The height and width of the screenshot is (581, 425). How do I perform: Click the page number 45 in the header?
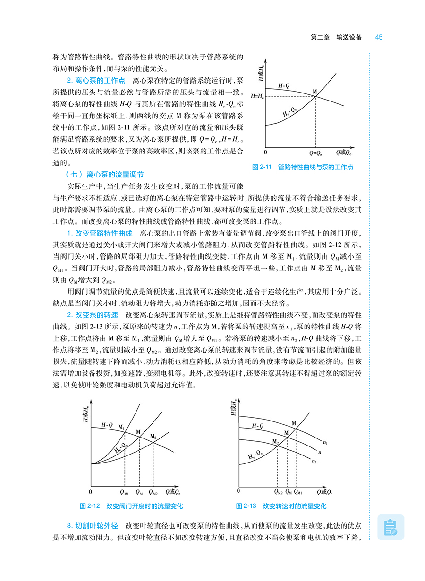(379, 37)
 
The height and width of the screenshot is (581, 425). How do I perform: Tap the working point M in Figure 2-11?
(315, 92)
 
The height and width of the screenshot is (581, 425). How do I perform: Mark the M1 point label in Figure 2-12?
(121, 428)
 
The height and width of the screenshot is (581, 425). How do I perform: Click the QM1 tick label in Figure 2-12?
(124, 493)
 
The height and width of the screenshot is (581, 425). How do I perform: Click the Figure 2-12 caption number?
(91, 506)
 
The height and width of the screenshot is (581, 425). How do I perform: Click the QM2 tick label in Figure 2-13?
(278, 493)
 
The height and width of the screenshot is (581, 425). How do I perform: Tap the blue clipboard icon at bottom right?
(391, 527)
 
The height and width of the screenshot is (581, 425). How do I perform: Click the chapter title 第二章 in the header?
(320, 37)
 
